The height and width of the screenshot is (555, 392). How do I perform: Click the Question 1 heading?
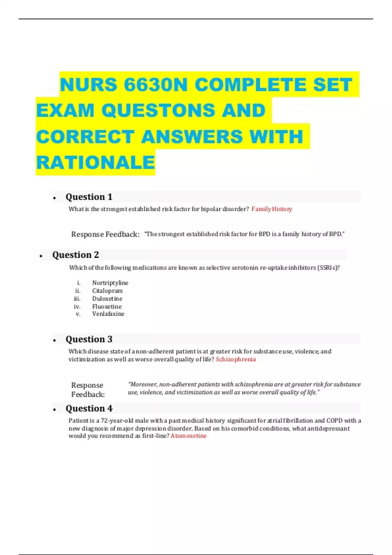pos(89,197)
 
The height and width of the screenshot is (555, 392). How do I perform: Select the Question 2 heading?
pos(75,255)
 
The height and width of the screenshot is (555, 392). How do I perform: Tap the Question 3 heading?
pos(89,339)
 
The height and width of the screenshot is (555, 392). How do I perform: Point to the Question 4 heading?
pos(89,408)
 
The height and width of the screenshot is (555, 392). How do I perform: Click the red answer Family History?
pos(272,209)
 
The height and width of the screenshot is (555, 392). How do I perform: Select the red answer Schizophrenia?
pos(236,359)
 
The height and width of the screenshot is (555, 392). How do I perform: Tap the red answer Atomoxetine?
pos(188,436)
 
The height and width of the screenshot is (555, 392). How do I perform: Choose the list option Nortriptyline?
pos(110,283)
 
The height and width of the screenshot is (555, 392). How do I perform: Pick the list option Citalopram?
pos(107,291)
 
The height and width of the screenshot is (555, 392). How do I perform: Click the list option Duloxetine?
pos(107,299)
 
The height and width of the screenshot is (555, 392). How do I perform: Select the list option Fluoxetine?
pos(107,307)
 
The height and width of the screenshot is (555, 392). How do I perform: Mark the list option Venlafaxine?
pos(108,314)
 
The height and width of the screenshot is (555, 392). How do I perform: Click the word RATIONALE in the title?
pos(95,163)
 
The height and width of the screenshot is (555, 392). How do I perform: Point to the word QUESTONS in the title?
pos(158,110)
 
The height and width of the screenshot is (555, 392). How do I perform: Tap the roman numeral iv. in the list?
pos(77,307)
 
